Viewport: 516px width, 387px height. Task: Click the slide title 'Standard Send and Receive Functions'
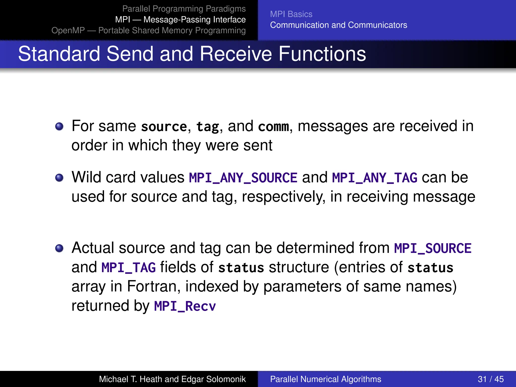[192, 54]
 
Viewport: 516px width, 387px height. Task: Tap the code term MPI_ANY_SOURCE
[243, 178]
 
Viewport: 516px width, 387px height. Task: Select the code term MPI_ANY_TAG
[374, 178]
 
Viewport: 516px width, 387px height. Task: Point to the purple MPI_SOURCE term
[433, 248]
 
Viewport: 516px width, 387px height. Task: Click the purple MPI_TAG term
[128, 268]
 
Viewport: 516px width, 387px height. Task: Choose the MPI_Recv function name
[185, 306]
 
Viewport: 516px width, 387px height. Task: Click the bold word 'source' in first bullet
[164, 126]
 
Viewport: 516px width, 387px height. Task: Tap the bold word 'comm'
[273, 126]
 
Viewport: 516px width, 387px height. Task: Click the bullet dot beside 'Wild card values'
[59, 178]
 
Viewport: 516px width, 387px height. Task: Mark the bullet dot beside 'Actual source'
[59, 248]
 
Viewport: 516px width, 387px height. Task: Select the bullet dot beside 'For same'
[59, 126]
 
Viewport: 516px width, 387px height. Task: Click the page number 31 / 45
[491, 379]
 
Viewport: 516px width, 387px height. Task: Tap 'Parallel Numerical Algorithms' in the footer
[326, 379]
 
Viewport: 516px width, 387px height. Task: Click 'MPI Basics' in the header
[291, 14]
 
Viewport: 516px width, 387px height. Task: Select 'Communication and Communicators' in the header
[338, 25]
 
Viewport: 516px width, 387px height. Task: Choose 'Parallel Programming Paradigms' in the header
[184, 9]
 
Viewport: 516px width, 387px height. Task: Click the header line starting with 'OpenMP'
[148, 30]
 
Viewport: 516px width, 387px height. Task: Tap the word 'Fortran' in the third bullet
[153, 287]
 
